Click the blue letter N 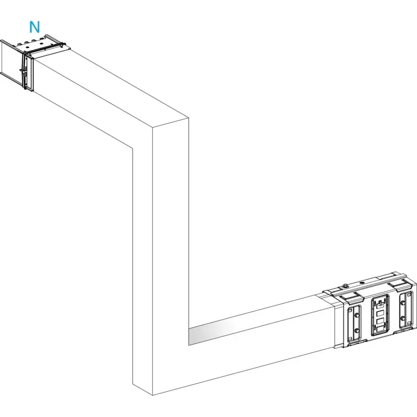[34, 26]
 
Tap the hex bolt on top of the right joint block [345, 286]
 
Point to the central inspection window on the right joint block [380, 315]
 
